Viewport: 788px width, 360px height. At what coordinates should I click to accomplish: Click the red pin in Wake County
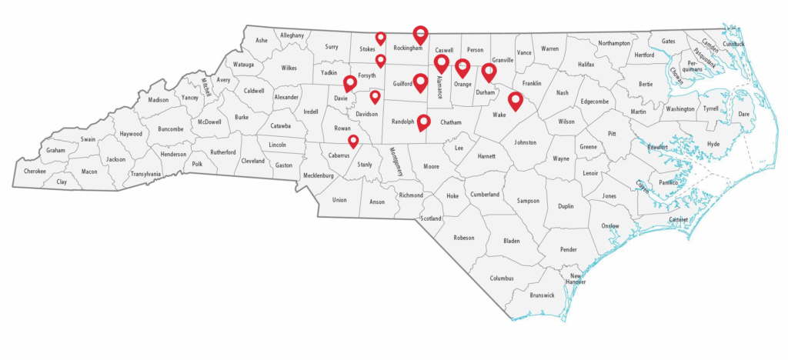[515, 100]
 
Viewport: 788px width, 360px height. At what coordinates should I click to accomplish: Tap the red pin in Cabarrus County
[353, 141]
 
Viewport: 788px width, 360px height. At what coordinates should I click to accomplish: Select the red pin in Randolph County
[423, 121]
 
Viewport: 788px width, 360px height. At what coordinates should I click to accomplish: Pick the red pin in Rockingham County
[420, 34]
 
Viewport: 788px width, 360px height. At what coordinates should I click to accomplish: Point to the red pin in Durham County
[489, 72]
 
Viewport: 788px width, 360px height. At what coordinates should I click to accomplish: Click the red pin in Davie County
[349, 82]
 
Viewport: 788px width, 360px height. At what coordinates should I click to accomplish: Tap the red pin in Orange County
[462, 68]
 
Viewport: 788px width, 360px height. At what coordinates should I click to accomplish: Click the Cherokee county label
[35, 171]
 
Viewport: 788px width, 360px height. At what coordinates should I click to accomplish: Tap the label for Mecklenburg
[319, 175]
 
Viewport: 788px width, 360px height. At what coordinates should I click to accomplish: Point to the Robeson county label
[464, 238]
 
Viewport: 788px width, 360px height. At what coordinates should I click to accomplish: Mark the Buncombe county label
[171, 129]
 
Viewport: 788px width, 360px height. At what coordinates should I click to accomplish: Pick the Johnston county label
[524, 142]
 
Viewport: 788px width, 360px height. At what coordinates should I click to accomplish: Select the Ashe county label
[262, 40]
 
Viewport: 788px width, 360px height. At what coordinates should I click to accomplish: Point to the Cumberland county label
[485, 195]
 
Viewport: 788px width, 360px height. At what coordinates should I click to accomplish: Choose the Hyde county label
[713, 144]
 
